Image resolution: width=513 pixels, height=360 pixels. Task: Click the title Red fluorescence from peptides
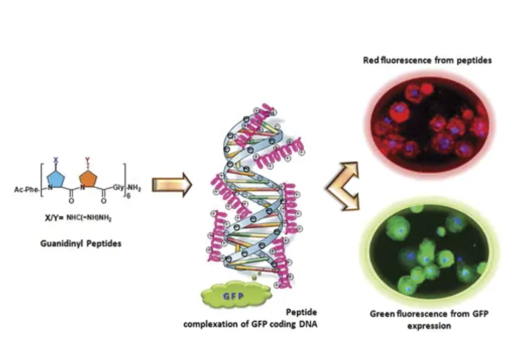(x=427, y=60)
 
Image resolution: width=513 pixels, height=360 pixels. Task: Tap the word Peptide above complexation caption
(x=301, y=313)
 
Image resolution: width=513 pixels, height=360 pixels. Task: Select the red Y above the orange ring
(x=87, y=160)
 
